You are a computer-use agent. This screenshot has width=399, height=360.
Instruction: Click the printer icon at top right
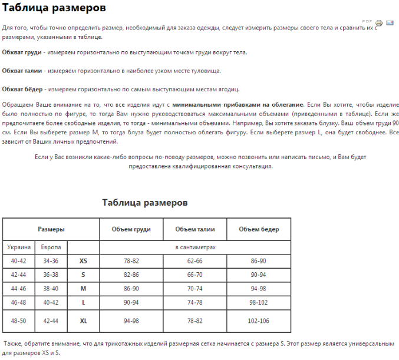tap(379, 23)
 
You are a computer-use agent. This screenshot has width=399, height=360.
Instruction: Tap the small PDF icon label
tap(367, 21)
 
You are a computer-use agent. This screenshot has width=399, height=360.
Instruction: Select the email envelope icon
tap(390, 23)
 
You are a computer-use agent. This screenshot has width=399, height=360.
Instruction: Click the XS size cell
tap(83, 260)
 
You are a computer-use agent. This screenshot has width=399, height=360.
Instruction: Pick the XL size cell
tap(83, 321)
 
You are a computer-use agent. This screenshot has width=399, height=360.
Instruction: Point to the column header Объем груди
tap(131, 229)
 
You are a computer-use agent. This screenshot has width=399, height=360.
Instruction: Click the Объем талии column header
tap(195, 229)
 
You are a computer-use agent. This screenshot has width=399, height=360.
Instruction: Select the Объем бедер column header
tap(259, 229)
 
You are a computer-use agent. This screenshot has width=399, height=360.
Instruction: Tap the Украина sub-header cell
tap(19, 247)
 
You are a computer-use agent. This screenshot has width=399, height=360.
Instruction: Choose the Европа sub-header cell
tap(51, 247)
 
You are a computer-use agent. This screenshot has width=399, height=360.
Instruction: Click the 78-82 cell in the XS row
tap(131, 260)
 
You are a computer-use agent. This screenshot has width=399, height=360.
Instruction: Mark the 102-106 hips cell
tap(259, 321)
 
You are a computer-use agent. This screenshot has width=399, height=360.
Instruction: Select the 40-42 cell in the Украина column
tap(19, 260)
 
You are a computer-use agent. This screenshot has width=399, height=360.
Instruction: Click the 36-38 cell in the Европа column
tap(51, 275)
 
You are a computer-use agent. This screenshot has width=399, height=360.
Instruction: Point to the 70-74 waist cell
tap(195, 288)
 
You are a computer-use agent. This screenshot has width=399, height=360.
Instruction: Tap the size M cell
tap(83, 288)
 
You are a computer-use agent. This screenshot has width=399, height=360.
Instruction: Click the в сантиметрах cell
tap(195, 247)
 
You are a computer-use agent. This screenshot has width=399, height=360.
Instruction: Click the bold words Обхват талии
tap(23, 71)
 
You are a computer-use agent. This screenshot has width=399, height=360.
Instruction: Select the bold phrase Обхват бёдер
tap(23, 90)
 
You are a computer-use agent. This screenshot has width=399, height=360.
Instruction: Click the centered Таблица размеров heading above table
tap(145, 202)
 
